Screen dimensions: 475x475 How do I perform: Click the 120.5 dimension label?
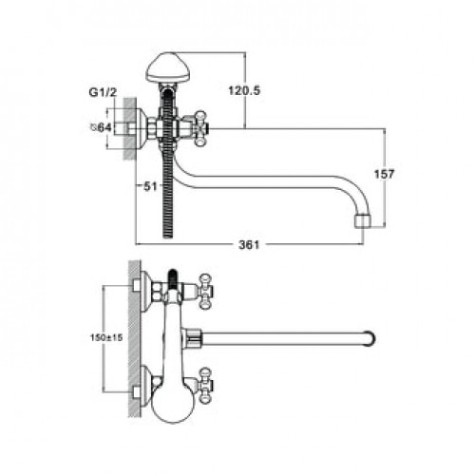click(244, 91)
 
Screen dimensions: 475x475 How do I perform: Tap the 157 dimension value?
click(384, 174)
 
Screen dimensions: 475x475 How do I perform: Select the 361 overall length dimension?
click(249, 244)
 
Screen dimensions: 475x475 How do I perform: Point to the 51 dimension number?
click(150, 186)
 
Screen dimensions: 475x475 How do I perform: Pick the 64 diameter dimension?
click(102, 127)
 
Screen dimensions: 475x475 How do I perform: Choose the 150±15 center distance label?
click(106, 337)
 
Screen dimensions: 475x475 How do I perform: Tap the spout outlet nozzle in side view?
click(363, 221)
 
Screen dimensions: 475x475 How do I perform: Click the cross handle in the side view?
click(201, 128)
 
